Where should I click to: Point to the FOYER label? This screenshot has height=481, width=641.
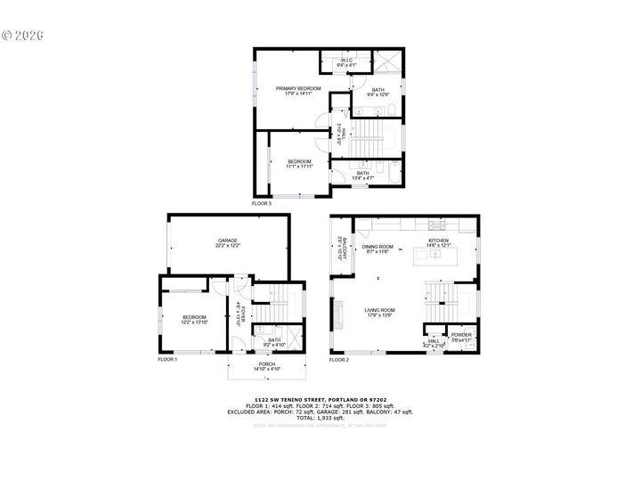239,313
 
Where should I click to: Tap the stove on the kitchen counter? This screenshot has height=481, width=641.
435,223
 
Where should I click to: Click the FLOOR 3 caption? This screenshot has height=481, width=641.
261,204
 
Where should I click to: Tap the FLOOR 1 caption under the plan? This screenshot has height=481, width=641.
167,359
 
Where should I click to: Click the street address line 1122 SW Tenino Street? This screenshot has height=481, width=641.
320,398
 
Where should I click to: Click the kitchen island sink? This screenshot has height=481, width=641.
435,254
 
